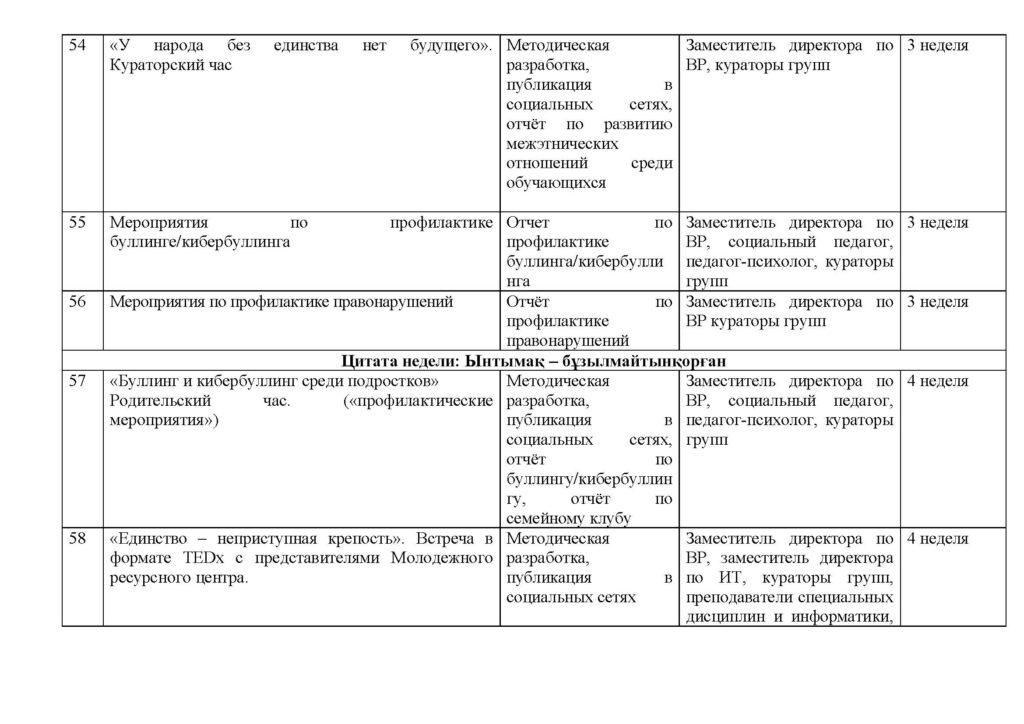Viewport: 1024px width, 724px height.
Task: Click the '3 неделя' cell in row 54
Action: click(x=937, y=46)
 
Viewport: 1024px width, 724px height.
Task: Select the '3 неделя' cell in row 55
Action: click(x=937, y=223)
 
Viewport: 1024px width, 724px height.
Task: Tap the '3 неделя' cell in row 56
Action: click(x=937, y=301)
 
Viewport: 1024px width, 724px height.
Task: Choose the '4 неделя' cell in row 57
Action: click(x=937, y=382)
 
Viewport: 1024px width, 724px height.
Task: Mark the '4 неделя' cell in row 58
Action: click(x=937, y=540)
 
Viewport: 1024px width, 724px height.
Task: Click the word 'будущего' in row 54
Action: click(x=450, y=46)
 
